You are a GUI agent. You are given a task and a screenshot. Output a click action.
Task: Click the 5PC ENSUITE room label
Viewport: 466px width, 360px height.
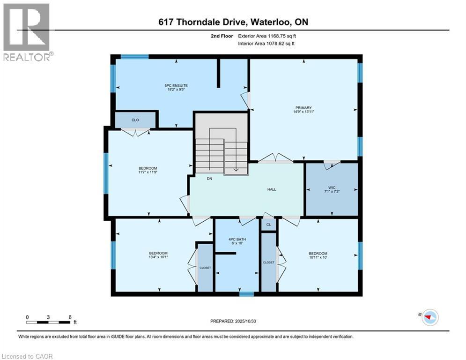click(x=176, y=86)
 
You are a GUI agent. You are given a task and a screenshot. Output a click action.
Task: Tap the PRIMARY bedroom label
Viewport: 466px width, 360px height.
click(x=303, y=108)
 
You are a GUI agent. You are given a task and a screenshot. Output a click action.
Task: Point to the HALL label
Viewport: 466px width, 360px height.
click(x=272, y=189)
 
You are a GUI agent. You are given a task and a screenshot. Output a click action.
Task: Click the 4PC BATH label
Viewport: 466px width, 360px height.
click(x=237, y=240)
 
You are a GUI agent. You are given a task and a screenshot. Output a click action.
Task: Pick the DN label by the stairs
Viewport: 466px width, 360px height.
click(x=210, y=178)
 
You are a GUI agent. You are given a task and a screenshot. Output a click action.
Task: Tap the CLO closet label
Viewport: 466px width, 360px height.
click(x=135, y=120)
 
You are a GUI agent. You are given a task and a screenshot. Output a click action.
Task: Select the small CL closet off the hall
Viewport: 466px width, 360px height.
click(x=268, y=225)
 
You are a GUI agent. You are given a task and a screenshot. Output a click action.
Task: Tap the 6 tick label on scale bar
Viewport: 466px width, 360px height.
click(x=70, y=317)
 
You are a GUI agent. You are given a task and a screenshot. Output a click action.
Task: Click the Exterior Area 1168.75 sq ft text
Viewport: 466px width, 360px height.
click(x=266, y=36)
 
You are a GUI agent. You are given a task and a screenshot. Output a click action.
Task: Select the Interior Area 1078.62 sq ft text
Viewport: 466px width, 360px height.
click(x=266, y=44)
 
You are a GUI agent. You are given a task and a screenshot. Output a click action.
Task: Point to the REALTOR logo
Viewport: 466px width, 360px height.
click(x=26, y=32)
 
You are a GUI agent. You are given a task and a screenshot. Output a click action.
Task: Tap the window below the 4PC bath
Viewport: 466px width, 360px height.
click(x=246, y=294)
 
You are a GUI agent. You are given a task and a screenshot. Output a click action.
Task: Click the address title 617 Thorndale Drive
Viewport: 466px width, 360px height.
click(x=232, y=22)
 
